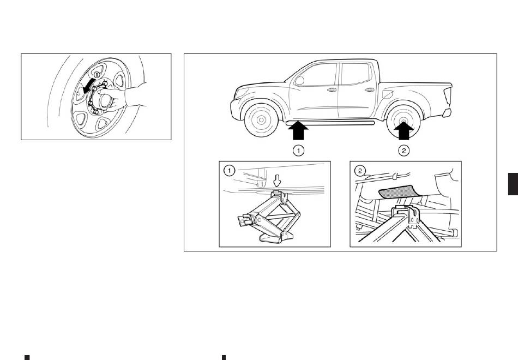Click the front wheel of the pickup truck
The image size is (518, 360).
[x=261, y=119]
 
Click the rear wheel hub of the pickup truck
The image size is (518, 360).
[x=403, y=121]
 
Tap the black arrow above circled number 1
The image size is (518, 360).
[x=298, y=130]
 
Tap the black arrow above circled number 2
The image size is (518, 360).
[x=403, y=130]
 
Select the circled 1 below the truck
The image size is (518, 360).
[x=298, y=151]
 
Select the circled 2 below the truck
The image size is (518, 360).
[x=403, y=151]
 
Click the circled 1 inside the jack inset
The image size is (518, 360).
[x=229, y=171]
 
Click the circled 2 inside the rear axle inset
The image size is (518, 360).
[x=360, y=171]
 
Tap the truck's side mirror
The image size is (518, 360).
[x=299, y=80]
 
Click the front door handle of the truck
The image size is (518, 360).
[x=332, y=89]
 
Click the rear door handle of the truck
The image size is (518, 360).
[x=369, y=89]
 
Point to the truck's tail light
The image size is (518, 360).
[x=448, y=96]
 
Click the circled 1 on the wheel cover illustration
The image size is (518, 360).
[x=97, y=75]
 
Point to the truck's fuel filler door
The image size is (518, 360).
[x=387, y=94]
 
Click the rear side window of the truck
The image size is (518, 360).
[x=357, y=74]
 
